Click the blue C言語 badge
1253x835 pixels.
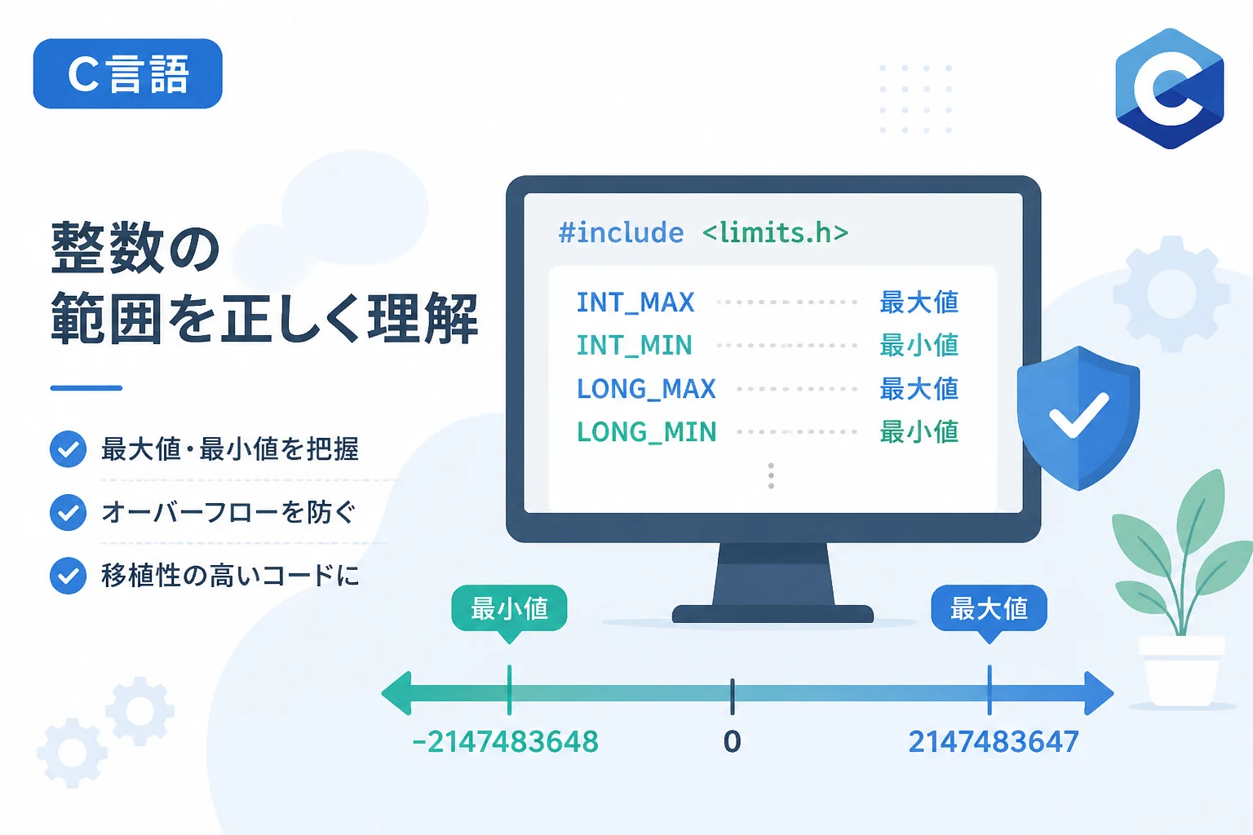127,73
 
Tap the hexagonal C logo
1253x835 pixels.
1169,88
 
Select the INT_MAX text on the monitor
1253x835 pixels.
635,303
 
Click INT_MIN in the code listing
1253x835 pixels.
635,345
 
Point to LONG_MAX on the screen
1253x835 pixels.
646,389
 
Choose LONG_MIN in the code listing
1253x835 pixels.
646,431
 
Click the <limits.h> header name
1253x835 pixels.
775,232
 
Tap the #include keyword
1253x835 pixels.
621,232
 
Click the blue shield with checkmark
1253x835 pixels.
1078,417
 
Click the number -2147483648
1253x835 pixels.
505,742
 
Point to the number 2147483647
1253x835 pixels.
994,742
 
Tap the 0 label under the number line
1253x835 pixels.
733,742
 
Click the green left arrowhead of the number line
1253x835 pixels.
396,693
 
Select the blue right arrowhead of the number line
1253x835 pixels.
1099,693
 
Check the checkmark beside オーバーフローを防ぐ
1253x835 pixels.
69,512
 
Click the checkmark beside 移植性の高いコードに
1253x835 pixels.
69,576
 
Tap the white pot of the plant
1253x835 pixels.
1181,670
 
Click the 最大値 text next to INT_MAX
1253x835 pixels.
919,303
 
